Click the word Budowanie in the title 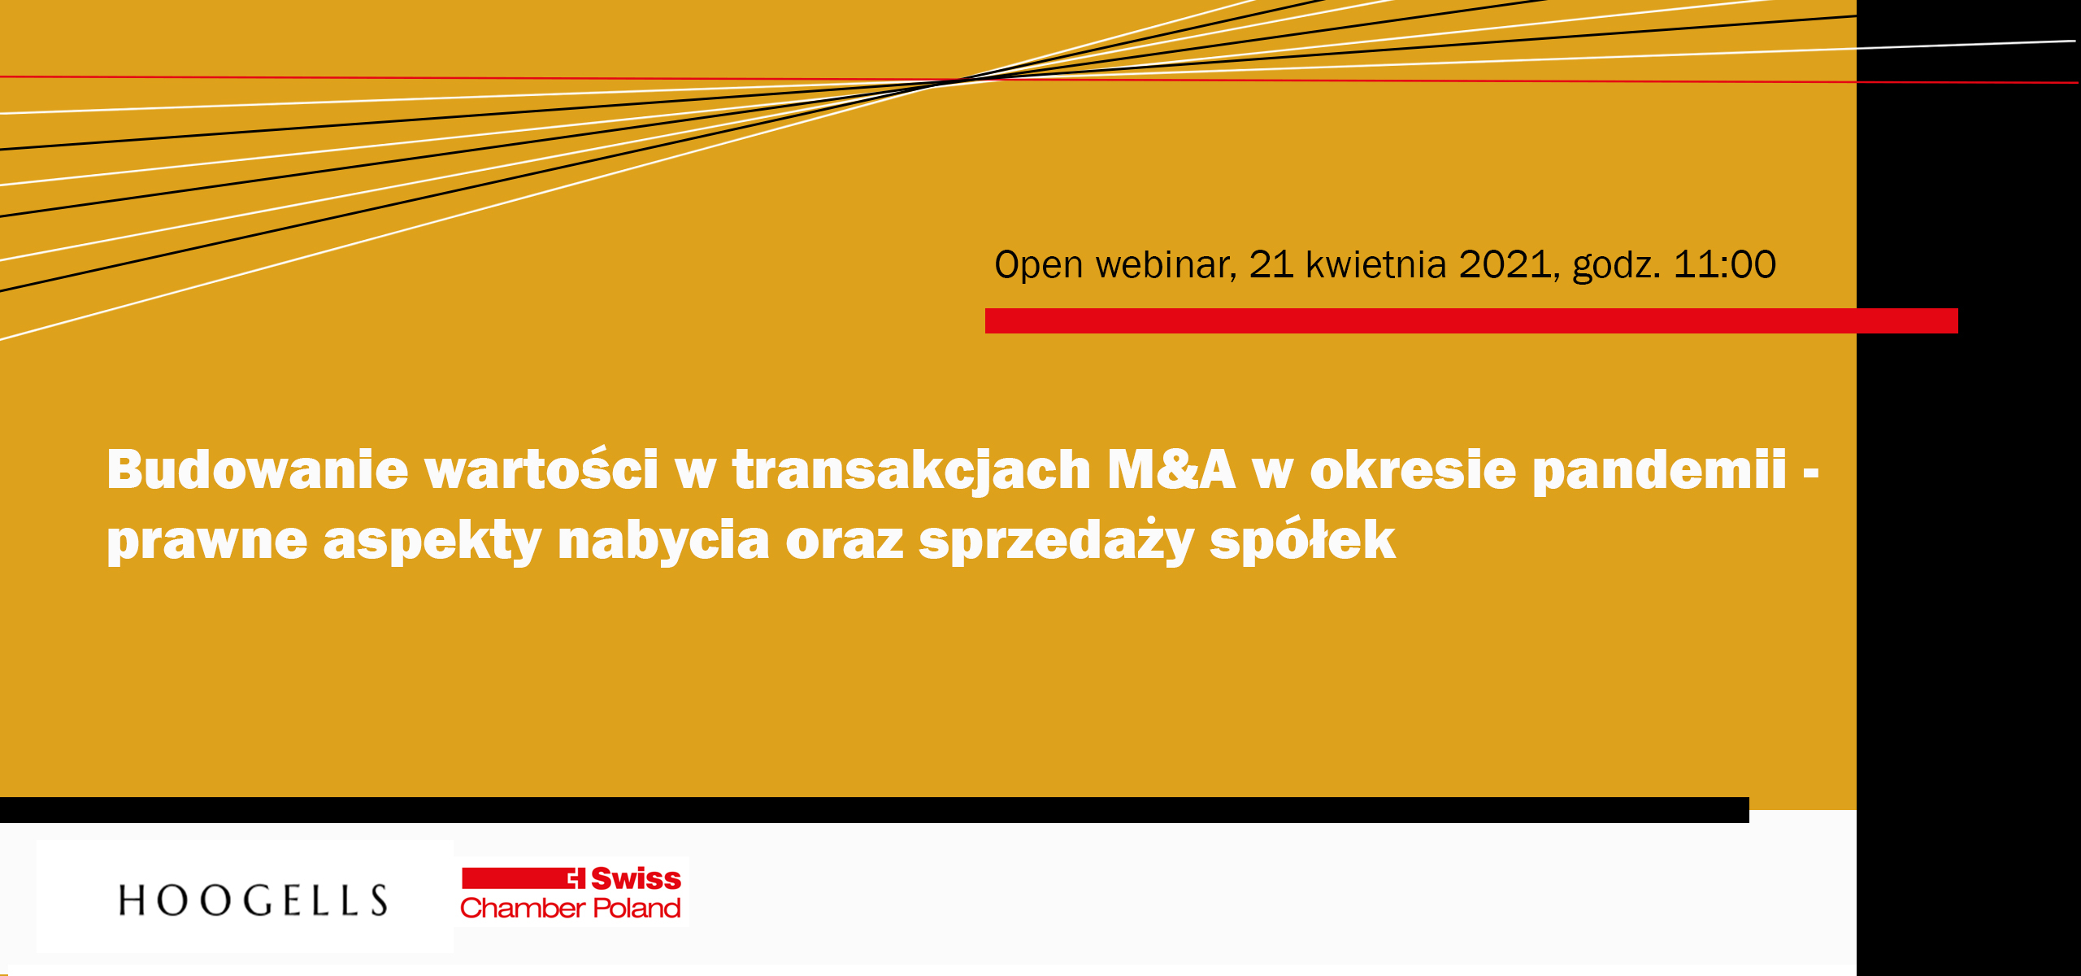click(258, 470)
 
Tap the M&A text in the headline click(1171, 470)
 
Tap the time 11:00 click(1724, 265)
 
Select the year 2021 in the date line click(1505, 265)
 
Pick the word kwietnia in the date click(1375, 265)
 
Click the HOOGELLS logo click(253, 900)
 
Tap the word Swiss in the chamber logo click(636, 878)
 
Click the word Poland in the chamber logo click(636, 908)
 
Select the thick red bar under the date click(1471, 320)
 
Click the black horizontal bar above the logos click(875, 810)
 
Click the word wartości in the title click(541, 470)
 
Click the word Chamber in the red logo click(522, 908)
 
